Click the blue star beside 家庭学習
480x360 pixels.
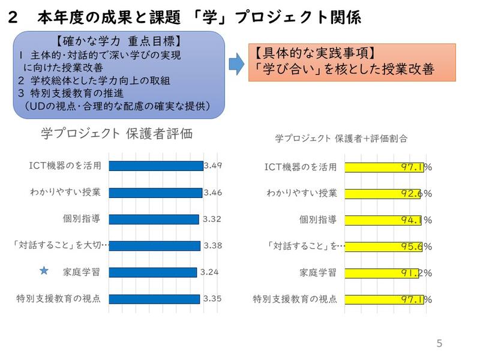click(43, 271)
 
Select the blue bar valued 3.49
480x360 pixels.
click(156, 166)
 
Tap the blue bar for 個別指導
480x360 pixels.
click(154, 220)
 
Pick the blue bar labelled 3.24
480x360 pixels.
click(152, 272)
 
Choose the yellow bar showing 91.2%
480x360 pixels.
click(382, 272)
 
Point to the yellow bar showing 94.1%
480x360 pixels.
click(384, 220)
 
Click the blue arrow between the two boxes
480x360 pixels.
click(237, 62)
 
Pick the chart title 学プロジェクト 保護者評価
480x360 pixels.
click(116, 134)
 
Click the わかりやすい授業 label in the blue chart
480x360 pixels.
click(65, 193)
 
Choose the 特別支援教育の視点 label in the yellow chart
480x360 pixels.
click(295, 299)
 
